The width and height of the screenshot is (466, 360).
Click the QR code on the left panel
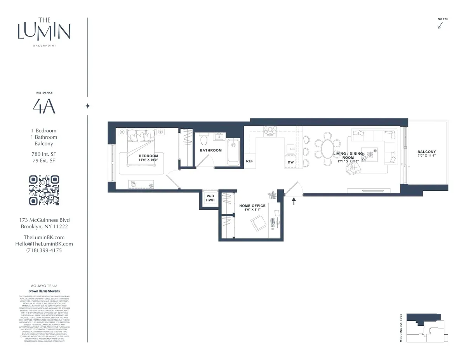(44, 190)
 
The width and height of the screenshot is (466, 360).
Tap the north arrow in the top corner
(440, 25)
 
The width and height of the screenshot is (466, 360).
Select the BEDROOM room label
(148, 156)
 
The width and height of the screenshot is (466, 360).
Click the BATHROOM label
(210, 150)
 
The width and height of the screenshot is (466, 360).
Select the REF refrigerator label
(250, 161)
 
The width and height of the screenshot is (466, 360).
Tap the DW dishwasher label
(290, 162)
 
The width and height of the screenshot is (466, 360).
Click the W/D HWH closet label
(210, 198)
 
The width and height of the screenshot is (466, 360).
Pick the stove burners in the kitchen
(269, 131)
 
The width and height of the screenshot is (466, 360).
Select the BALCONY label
(426, 152)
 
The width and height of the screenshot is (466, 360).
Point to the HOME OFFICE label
(252, 206)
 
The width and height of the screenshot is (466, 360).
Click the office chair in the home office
(258, 224)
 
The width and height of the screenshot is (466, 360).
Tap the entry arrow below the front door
(294, 200)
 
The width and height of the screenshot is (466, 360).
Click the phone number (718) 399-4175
(44, 250)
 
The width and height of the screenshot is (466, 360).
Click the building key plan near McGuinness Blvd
(426, 328)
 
